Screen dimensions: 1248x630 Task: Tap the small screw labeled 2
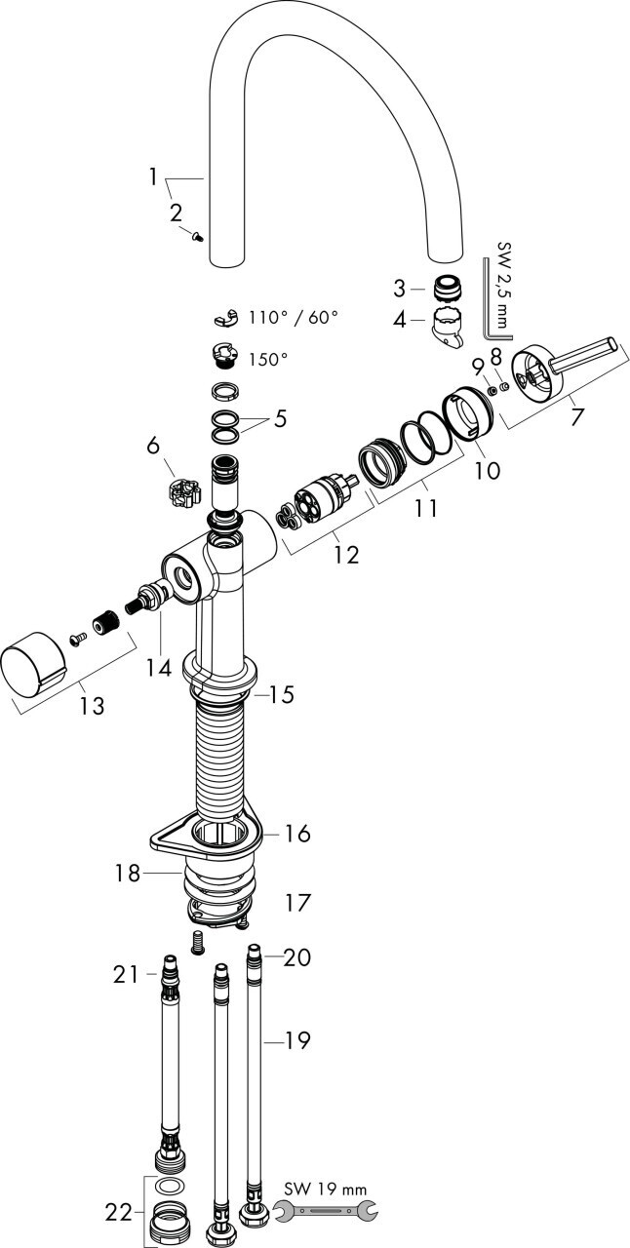pos(199,234)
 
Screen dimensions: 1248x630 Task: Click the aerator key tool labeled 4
pos(448,327)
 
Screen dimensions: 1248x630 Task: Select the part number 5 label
pos(280,420)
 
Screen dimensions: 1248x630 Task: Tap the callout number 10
pos(487,470)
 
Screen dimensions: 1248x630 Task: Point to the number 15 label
pos(281,695)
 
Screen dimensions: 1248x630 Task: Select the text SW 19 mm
pos(326,1189)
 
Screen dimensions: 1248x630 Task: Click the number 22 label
pos(119,1212)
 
